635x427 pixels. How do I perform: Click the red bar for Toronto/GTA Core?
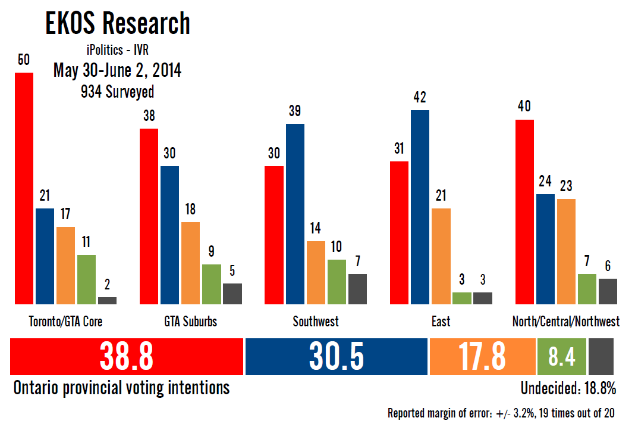(24, 188)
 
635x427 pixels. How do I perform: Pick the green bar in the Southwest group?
(337, 282)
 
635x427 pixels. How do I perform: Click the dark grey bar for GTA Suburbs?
(232, 294)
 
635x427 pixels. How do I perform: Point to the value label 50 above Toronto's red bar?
(24, 60)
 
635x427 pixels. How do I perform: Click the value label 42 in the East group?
(420, 97)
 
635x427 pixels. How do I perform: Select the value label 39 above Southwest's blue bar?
(295, 111)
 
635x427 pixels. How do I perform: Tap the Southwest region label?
(316, 322)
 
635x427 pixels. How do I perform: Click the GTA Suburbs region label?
(190, 322)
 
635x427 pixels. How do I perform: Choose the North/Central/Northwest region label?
(565, 322)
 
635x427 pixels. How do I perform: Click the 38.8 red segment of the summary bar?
(127, 356)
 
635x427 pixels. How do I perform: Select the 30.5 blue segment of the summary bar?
(337, 356)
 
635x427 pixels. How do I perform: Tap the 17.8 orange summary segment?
(482, 356)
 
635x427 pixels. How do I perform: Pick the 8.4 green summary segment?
(561, 356)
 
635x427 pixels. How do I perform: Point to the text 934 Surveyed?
(117, 92)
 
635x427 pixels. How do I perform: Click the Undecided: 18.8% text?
(568, 388)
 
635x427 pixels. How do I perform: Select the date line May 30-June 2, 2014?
(117, 71)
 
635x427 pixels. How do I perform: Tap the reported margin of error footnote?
(501, 413)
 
